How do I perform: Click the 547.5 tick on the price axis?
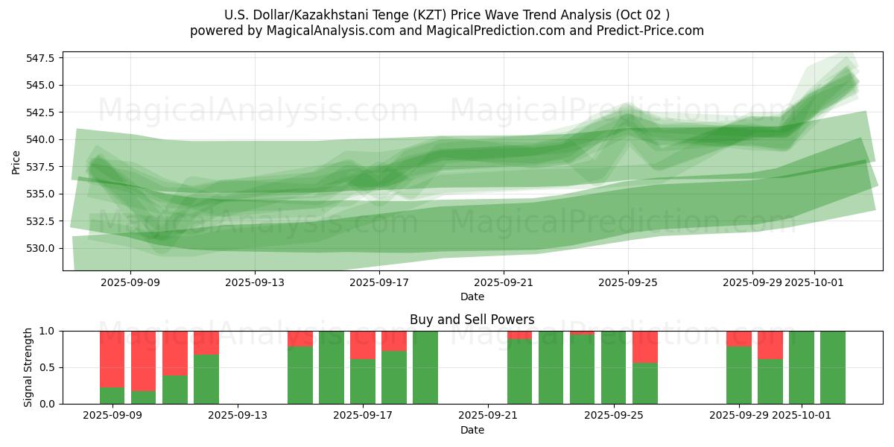(43, 57)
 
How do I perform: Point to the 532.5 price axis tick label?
(43, 221)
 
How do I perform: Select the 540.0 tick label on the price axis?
(43, 139)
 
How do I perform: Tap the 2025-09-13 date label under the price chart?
(255, 282)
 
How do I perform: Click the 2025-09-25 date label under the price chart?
(627, 282)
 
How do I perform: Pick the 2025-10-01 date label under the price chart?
(814, 282)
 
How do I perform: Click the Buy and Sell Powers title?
(472, 320)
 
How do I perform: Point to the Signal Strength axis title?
(28, 367)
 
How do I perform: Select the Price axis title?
(16, 162)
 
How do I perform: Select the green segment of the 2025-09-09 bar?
(112, 396)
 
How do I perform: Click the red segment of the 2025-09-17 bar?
(363, 345)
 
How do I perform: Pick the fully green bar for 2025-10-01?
(802, 367)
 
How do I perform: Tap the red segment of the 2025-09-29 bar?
(739, 338)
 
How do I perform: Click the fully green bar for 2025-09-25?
(614, 367)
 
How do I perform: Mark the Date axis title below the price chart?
(472, 297)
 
